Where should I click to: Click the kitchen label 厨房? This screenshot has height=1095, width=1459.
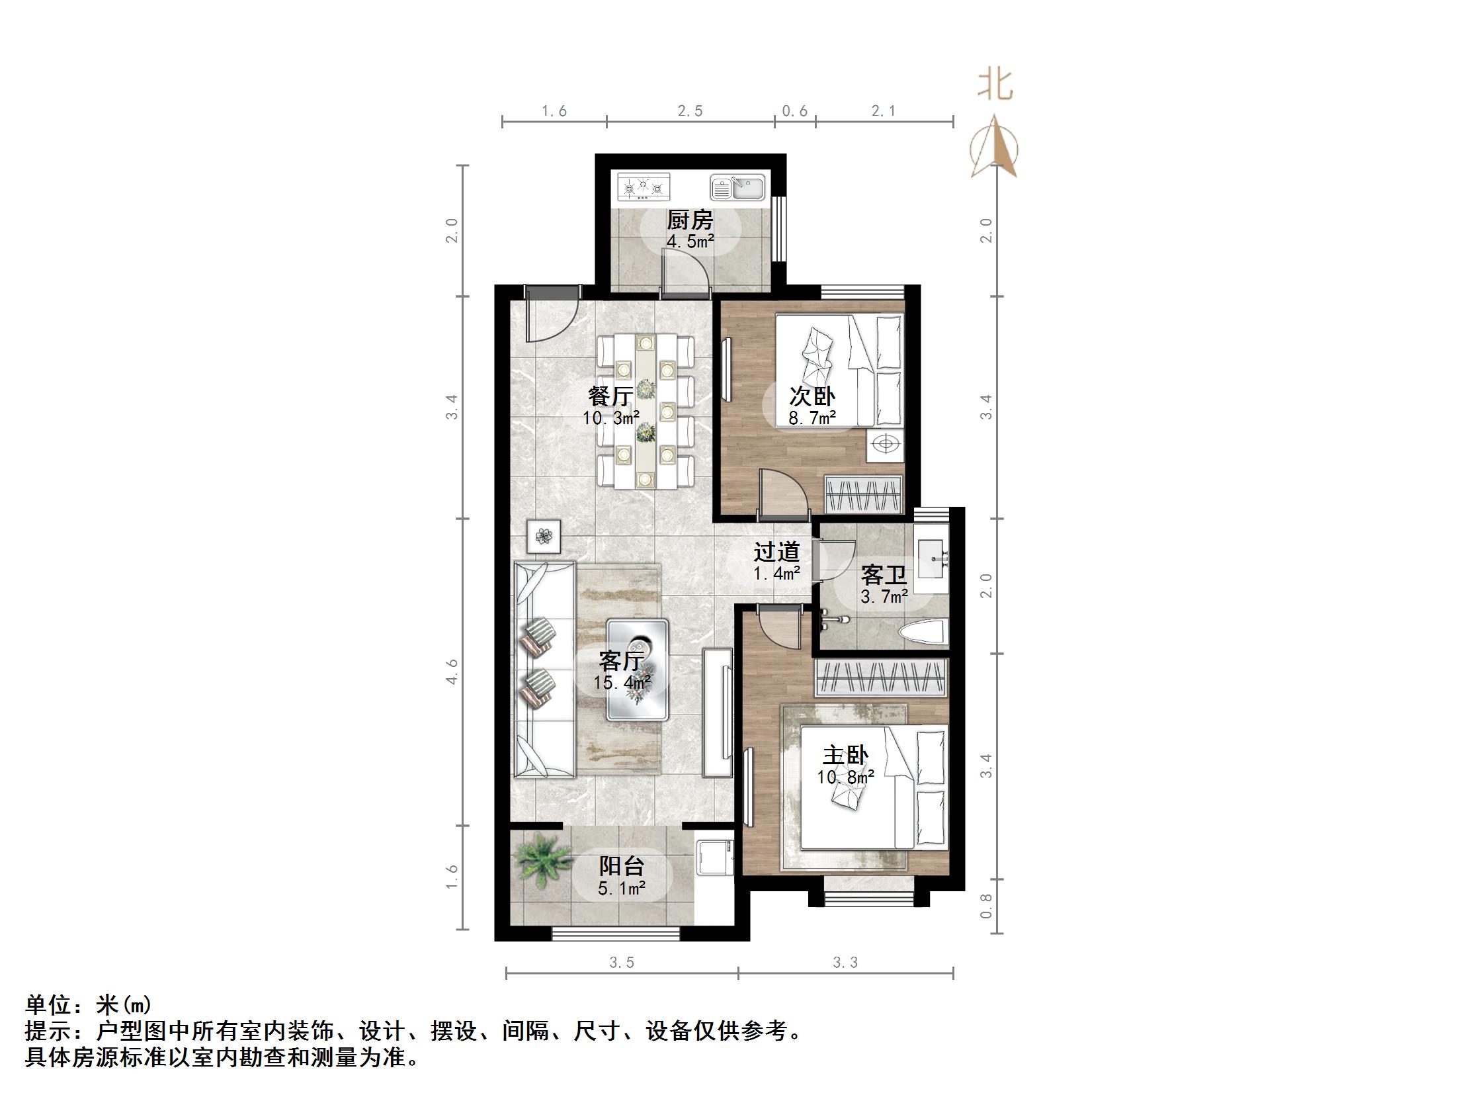[690, 220]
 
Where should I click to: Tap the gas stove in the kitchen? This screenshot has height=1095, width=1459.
[644, 187]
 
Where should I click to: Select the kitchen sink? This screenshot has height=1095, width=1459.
[737, 187]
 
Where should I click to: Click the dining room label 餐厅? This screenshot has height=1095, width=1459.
[610, 396]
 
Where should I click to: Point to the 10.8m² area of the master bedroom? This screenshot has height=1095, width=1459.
[845, 777]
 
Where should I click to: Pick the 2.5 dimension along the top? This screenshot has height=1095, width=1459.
[690, 111]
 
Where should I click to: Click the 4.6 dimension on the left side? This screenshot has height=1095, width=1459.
[452, 672]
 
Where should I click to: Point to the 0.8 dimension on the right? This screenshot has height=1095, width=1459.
[986, 906]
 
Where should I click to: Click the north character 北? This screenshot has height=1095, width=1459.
[995, 86]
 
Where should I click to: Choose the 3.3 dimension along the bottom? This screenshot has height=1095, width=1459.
[845, 963]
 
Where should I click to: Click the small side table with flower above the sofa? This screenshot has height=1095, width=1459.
[544, 536]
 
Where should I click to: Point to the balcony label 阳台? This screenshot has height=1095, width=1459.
[622, 866]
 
